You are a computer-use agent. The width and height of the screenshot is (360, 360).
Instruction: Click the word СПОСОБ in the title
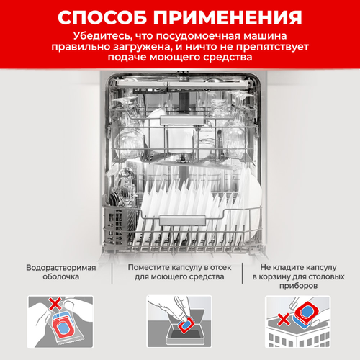point(102,17)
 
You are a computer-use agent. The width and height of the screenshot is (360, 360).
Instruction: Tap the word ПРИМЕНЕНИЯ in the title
point(228,17)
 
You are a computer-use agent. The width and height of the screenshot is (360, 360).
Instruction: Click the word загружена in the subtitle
point(143,48)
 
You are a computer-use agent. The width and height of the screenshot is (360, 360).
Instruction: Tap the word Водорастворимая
point(61,268)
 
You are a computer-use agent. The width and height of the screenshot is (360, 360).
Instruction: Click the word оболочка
point(61,276)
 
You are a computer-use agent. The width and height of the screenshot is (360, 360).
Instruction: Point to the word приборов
point(299,286)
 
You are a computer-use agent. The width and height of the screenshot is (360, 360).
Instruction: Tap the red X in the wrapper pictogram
point(55,304)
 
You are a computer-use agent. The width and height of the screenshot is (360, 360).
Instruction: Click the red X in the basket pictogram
point(284,320)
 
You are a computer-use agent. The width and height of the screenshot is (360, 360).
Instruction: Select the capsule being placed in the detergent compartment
point(186,324)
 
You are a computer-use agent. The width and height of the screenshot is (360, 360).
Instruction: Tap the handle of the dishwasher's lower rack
point(183,220)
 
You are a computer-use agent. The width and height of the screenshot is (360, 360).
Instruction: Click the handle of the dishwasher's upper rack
point(182,121)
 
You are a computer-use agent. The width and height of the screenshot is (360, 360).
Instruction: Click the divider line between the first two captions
point(112,273)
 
